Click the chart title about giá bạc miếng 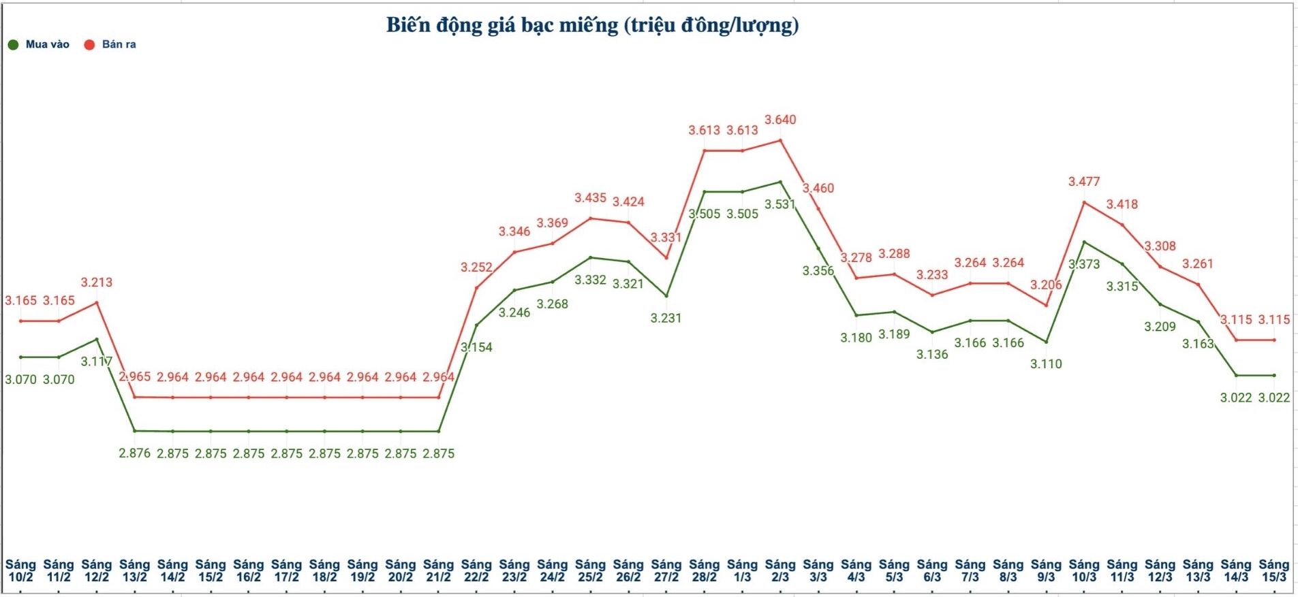pyautogui.click(x=592, y=25)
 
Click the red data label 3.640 pyautogui.click(x=780, y=120)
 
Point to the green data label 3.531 pyautogui.click(x=780, y=204)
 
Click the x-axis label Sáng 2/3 pyautogui.click(x=780, y=570)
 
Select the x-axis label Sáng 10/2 pyautogui.click(x=20, y=570)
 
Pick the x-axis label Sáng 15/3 pyautogui.click(x=1273, y=570)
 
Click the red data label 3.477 pyautogui.click(x=1084, y=182)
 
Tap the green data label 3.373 pyautogui.click(x=1084, y=264)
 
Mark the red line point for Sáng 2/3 pyautogui.click(x=780, y=141)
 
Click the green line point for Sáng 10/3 pyautogui.click(x=1084, y=242)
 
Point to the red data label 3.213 pyautogui.click(x=97, y=283)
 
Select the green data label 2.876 pyautogui.click(x=135, y=453)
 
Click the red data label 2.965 pyautogui.click(x=135, y=377)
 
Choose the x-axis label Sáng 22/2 pyautogui.click(x=476, y=570)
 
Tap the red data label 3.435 pyautogui.click(x=590, y=198)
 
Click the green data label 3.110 pyautogui.click(x=1046, y=364)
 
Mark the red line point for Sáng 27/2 pyautogui.click(x=666, y=257)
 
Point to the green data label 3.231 pyautogui.click(x=666, y=318)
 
